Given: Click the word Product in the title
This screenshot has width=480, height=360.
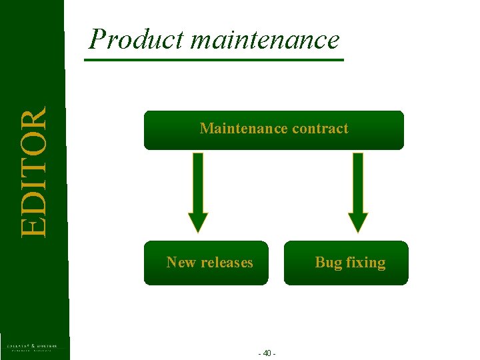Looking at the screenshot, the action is coord(137,40).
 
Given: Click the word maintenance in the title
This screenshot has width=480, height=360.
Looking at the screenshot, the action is coord(265,40).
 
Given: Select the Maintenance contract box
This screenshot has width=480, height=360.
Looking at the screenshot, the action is coord(273,130).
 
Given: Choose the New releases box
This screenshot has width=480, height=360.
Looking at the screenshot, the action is coord(206,263).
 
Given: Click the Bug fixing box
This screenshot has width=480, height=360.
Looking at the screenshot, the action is coord(346,263).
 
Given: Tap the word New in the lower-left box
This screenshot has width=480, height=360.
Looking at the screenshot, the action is coord(179,262).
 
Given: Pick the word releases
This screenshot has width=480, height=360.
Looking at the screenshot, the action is coord(225,262).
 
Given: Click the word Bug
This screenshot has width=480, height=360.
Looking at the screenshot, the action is coord(328,262).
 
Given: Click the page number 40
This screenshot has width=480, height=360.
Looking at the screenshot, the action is coord(267,353).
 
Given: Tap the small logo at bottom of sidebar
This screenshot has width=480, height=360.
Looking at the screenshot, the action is coord(32,347).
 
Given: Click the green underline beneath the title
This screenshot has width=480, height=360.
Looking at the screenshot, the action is coord(213,60).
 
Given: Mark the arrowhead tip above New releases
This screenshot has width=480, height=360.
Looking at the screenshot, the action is coord(198,230).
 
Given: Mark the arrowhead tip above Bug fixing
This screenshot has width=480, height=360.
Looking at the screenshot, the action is coord(358,230).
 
